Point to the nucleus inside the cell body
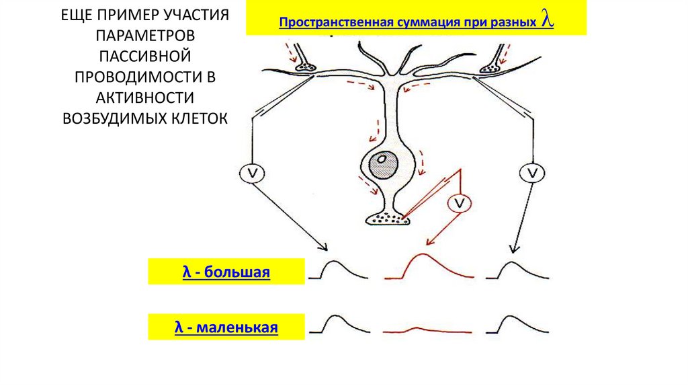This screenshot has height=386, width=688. point(383,160)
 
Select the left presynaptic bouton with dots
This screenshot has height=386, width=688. point(306,67)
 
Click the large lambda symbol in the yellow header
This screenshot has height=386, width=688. point(548,21)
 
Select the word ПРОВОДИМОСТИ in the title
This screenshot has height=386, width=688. point(145,76)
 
